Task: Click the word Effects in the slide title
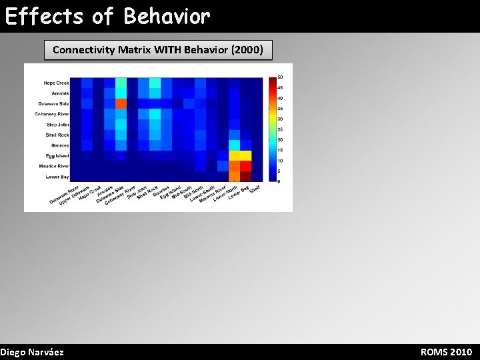(45, 16)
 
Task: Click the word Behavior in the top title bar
(167, 16)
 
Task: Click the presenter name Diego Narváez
(32, 351)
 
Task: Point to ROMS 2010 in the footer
(446, 351)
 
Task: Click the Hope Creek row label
(56, 83)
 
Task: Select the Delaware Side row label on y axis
(53, 104)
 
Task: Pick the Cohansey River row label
(52, 114)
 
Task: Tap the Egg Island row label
(57, 156)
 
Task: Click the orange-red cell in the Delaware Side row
(121, 103)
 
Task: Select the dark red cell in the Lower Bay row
(246, 177)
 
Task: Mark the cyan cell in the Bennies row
(235, 145)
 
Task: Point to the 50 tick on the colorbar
(280, 77)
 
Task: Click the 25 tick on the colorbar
(280, 129)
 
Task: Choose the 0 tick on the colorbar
(279, 181)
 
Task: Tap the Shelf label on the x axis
(254, 189)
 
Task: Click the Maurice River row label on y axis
(53, 166)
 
